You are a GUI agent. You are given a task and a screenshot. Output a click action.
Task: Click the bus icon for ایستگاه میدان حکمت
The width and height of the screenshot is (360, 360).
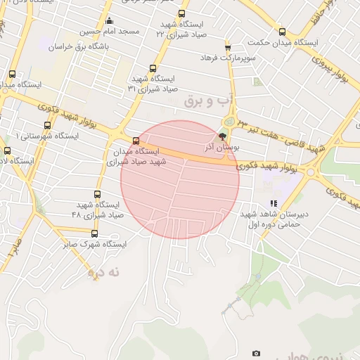tap(282, 32)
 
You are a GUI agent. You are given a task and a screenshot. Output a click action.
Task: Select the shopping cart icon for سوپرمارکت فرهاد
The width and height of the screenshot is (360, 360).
tap(228, 46)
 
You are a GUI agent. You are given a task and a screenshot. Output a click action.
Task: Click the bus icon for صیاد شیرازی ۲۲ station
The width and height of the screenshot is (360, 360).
tap(181, 13)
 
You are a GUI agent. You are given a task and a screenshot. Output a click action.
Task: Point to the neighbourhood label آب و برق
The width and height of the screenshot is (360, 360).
tap(203, 102)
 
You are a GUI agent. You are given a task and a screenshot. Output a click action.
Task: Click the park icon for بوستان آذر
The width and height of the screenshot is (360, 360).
tap(224, 136)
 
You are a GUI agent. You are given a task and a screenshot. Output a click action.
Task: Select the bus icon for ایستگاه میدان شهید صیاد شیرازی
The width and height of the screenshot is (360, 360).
tap(136, 140)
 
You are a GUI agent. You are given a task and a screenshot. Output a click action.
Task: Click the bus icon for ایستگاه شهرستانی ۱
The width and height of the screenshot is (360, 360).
tap(47, 125)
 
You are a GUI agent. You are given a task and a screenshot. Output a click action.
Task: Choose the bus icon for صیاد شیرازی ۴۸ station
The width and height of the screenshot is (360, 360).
tap(97, 194)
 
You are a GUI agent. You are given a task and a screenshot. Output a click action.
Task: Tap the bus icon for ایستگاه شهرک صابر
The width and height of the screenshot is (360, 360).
tap(94, 233)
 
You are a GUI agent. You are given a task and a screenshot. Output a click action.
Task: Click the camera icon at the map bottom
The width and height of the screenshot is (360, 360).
tap(256, 353)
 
